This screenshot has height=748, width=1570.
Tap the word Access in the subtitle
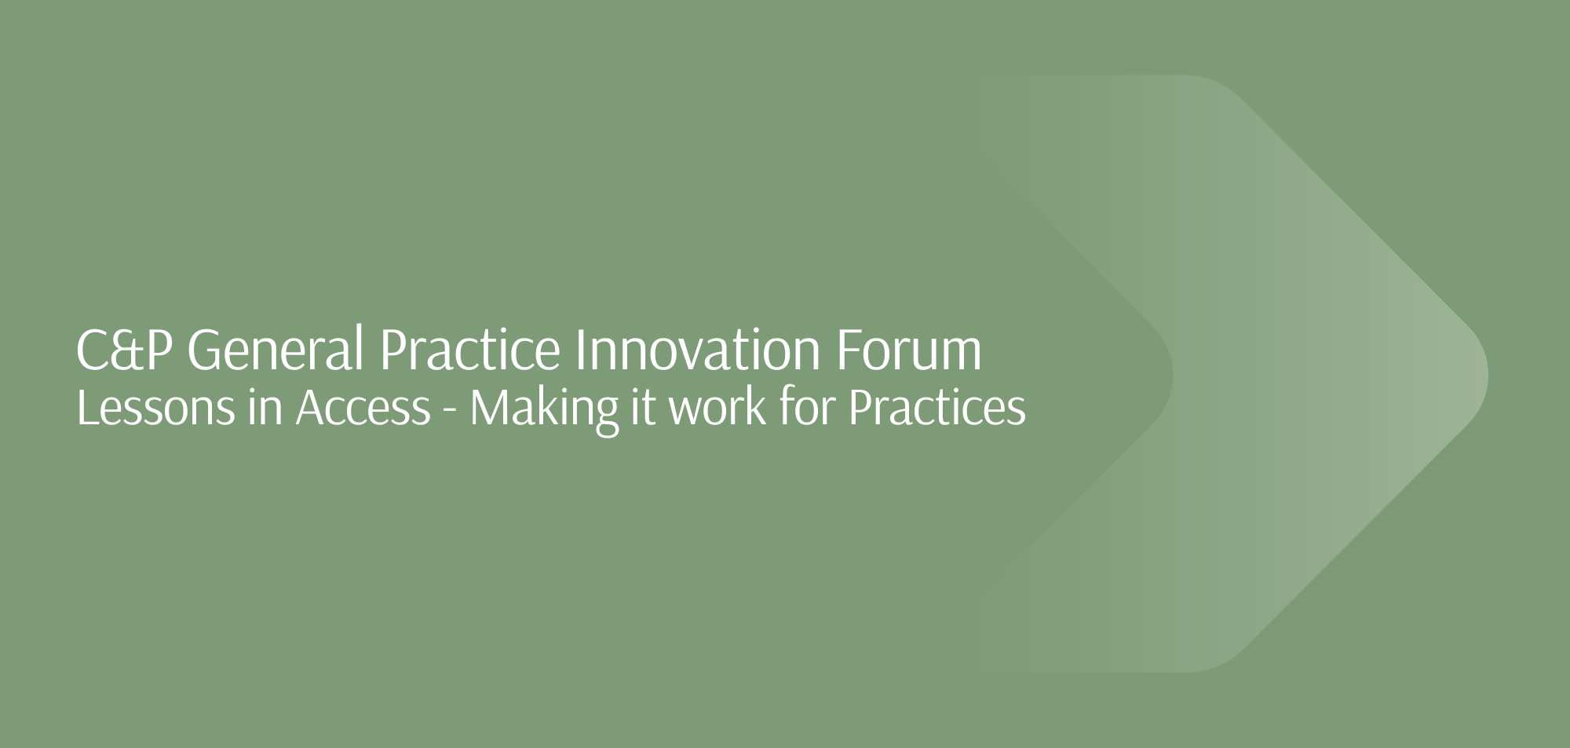(363, 409)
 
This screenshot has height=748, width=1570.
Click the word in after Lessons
(265, 409)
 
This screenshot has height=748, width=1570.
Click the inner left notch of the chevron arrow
(1172, 374)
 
